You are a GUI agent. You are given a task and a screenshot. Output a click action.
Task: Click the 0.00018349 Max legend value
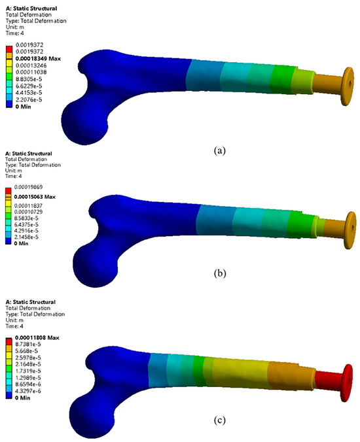point(38,59)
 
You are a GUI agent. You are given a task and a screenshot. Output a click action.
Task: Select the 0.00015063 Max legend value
point(35,197)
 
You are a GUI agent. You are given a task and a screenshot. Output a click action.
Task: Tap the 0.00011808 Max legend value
point(37,337)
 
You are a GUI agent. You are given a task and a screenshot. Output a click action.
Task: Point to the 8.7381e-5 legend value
point(28,344)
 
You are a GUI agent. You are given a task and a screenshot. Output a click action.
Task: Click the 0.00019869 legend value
point(29,187)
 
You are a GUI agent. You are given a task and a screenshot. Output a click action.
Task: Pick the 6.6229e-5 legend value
point(29,86)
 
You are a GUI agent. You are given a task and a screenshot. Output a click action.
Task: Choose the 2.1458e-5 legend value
point(26,237)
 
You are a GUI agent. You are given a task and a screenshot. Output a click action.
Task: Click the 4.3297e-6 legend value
point(28,391)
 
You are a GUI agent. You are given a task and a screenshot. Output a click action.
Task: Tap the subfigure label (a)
point(220,150)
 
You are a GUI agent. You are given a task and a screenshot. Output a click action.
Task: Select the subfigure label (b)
point(220,273)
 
